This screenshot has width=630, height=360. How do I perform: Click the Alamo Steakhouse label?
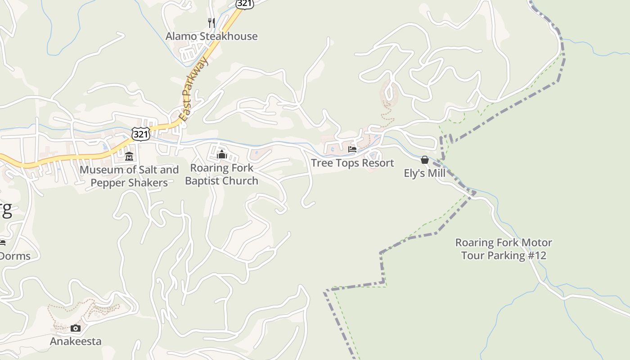[211, 36]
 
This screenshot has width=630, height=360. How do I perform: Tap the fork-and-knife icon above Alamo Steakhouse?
[211, 22]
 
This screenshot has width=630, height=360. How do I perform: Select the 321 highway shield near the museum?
[141, 134]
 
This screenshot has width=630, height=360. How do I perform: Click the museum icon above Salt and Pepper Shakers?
[129, 157]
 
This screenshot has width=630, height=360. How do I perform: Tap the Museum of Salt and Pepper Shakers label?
[129, 176]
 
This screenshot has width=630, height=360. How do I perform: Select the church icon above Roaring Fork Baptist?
[221, 155]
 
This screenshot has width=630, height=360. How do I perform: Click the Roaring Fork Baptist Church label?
[221, 174]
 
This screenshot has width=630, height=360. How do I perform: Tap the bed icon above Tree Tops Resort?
[352, 149]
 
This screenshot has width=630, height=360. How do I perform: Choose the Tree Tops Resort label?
[352, 163]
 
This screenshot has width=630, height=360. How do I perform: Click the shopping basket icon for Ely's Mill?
[424, 160]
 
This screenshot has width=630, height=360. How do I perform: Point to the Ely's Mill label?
[424, 173]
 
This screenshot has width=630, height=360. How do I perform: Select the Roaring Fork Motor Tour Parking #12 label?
[504, 249]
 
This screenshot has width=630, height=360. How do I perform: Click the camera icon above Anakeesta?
[76, 328]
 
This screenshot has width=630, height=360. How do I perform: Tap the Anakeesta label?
[76, 341]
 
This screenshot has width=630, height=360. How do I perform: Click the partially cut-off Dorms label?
[15, 256]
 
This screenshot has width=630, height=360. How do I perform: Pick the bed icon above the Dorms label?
[2, 243]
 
